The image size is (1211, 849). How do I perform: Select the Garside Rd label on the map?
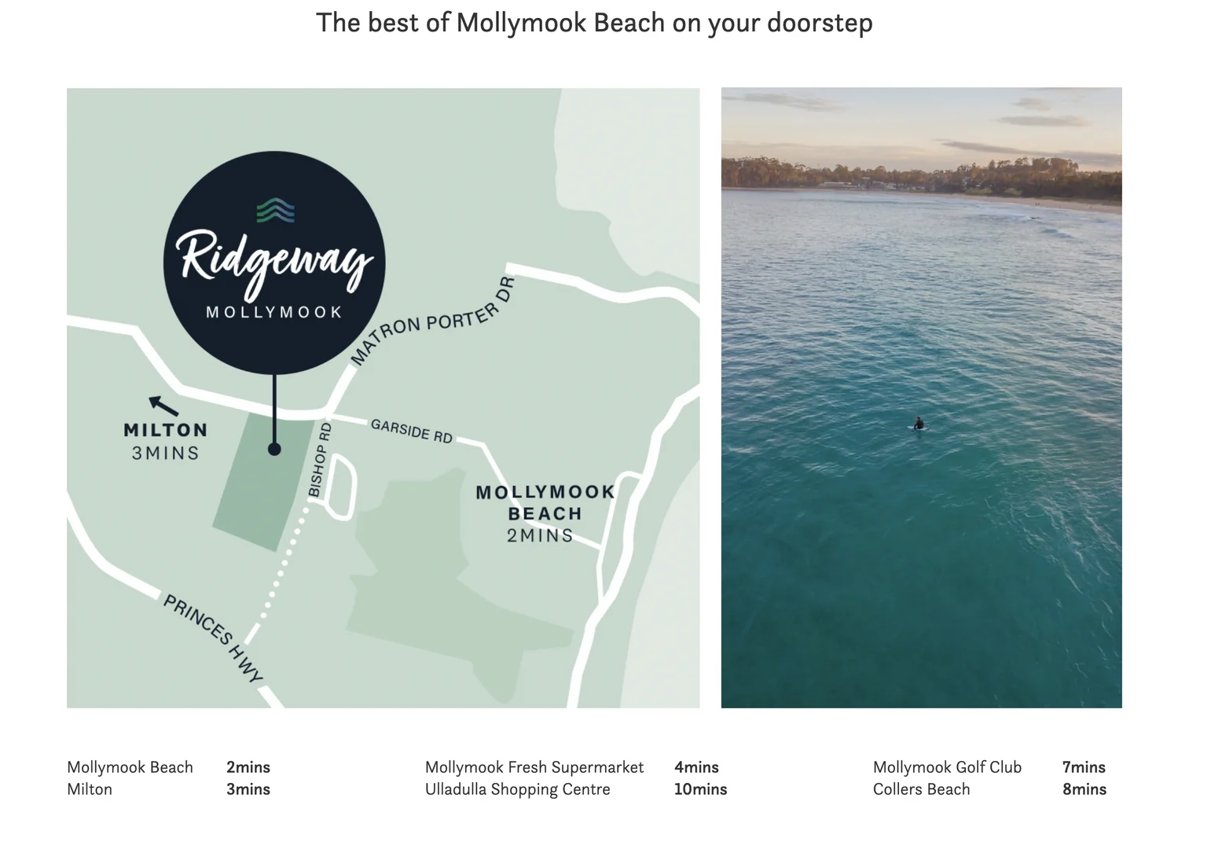click(412, 431)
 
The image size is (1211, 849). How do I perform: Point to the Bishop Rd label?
click(320, 460)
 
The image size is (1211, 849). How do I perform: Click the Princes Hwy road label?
click(212, 638)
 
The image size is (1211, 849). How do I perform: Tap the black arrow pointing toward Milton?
click(163, 405)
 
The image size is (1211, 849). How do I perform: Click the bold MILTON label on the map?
click(166, 430)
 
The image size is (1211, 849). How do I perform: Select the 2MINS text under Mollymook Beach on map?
click(540, 535)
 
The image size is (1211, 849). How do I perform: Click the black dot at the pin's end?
click(274, 449)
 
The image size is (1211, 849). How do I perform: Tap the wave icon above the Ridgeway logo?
click(275, 210)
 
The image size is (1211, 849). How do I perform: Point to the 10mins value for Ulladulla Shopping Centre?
click(700, 789)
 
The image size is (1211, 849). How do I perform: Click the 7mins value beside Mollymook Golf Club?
click(1084, 767)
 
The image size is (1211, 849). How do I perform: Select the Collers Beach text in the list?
click(921, 789)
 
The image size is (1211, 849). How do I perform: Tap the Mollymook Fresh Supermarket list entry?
click(534, 767)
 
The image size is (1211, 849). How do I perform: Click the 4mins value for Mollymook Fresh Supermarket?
click(696, 767)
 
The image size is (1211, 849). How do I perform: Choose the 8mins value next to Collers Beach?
click(1084, 789)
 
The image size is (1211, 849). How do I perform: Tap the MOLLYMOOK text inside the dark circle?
click(274, 312)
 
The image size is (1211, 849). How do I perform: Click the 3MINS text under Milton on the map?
click(166, 453)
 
